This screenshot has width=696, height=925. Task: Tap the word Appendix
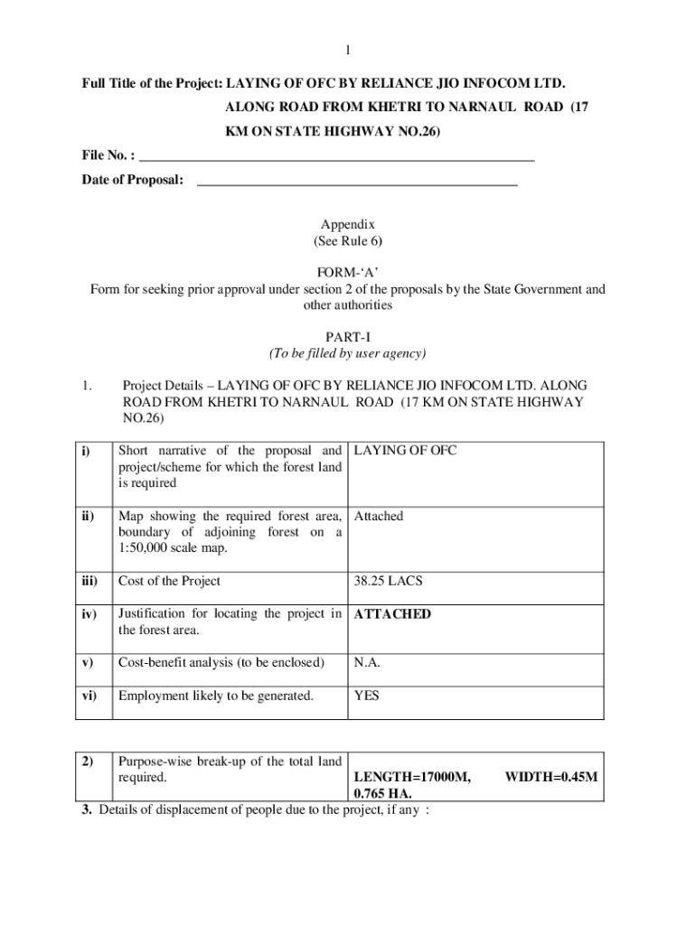coord(348,225)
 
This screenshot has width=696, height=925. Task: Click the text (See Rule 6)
coord(348,242)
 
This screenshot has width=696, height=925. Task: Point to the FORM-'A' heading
coord(348,273)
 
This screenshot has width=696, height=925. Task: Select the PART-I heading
coord(348,337)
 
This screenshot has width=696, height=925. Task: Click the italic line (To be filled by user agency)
coord(348,353)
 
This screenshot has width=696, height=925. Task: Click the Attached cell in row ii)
coord(379,517)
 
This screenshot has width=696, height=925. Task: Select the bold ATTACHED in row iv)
coord(392,614)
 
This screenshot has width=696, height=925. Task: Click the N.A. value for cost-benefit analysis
coord(367,663)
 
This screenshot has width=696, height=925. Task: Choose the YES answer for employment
coord(367,696)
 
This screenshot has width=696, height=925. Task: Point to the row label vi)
coord(89,696)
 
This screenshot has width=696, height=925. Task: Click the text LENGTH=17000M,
coord(412,777)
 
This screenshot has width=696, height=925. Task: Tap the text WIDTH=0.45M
coord(550,777)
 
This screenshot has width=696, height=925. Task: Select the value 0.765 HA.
coord(383,793)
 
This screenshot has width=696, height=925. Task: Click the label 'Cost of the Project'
coord(169,581)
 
